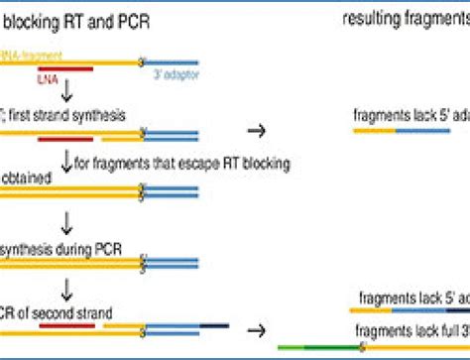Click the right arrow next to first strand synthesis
256,129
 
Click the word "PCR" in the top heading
126,20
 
